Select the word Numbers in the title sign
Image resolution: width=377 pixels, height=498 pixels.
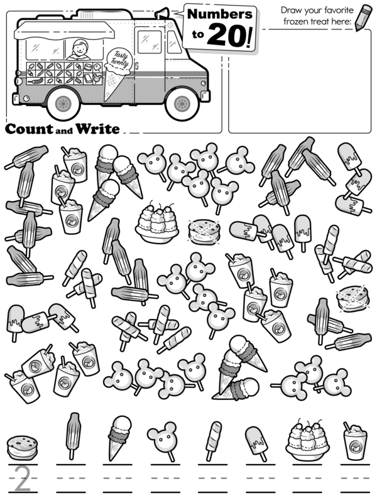pos(220,14)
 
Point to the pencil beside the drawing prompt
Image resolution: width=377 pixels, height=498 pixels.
pos(363,18)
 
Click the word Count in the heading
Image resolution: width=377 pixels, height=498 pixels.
pos(30,129)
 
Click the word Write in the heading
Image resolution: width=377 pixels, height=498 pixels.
pos(97,129)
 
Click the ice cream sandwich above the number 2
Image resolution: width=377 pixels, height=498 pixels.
pos(22,448)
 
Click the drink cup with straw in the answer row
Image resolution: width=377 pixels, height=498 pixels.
pos(355,441)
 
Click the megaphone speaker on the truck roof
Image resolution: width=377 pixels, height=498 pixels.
pos(163,13)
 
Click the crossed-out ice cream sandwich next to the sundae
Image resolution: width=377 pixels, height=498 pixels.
pos(204,232)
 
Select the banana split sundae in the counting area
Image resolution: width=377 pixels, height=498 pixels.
pos(156,222)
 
